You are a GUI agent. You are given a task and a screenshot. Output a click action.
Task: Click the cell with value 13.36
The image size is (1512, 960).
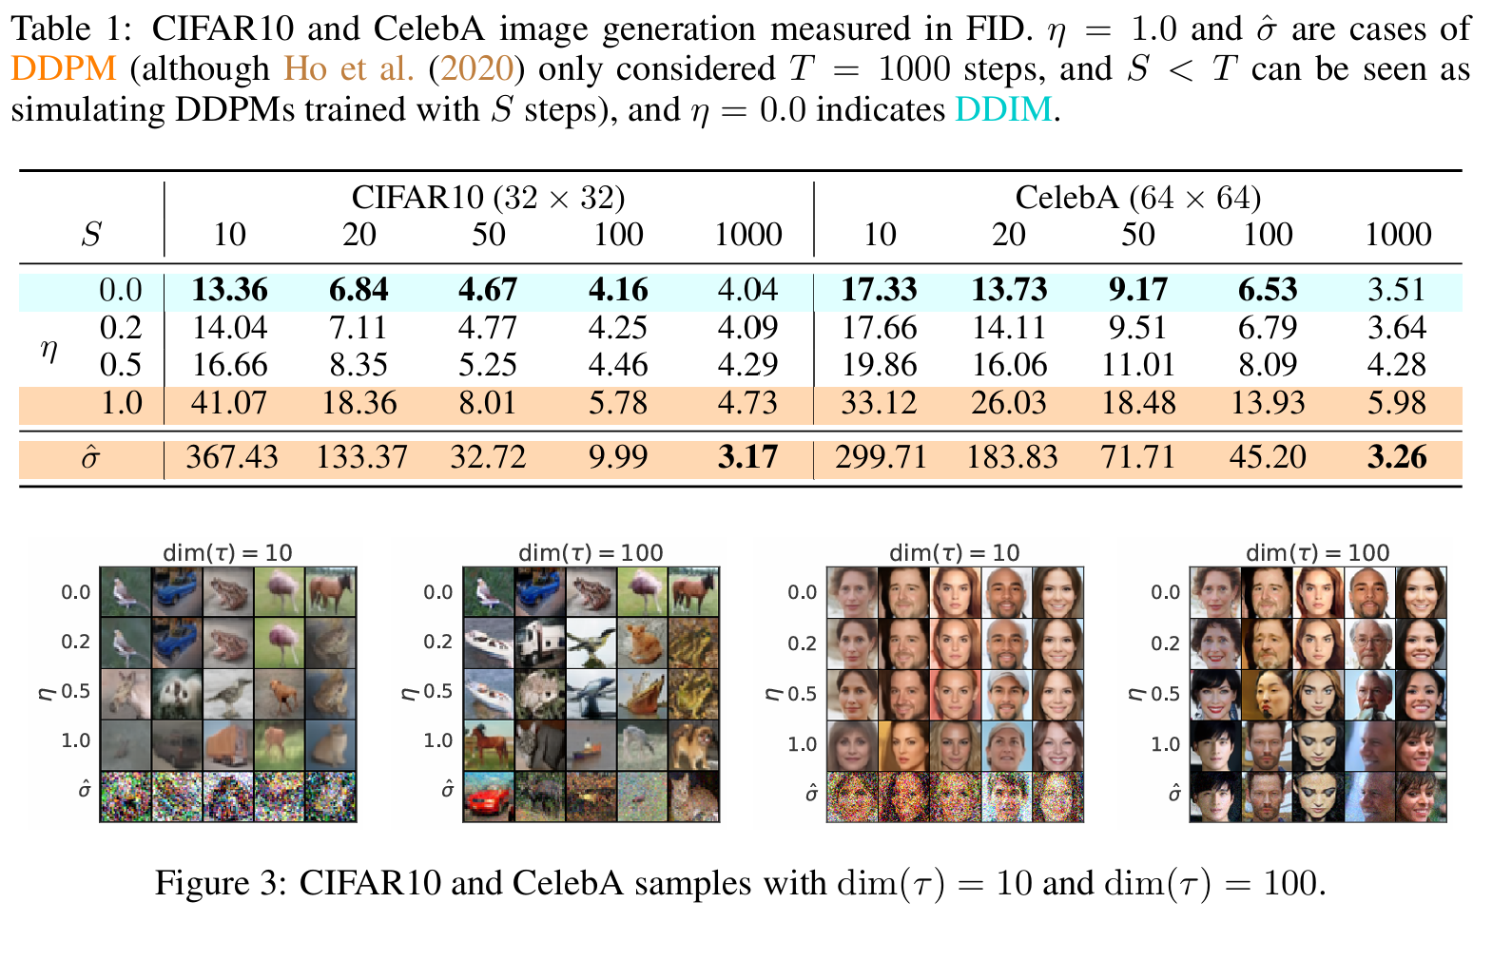pyautogui.click(x=229, y=290)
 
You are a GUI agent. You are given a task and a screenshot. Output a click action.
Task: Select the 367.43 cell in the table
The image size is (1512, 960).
pyautogui.click(x=232, y=457)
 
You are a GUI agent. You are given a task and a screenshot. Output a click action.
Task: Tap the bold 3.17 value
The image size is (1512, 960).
pyautogui.click(x=747, y=457)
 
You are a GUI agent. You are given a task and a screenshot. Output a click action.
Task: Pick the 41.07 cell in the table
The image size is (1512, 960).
pyautogui.click(x=229, y=403)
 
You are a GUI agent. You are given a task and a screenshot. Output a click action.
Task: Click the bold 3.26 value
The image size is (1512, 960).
pyautogui.click(x=1397, y=457)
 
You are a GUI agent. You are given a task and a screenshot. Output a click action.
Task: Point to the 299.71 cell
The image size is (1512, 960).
pyautogui.click(x=881, y=457)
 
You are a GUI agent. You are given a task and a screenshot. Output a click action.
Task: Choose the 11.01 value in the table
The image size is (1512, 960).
pyautogui.click(x=1138, y=365)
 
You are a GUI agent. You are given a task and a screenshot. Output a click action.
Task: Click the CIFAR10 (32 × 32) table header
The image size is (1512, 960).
pyautogui.click(x=488, y=198)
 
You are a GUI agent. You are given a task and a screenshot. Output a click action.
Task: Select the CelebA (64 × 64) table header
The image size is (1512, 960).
pyautogui.click(x=1137, y=198)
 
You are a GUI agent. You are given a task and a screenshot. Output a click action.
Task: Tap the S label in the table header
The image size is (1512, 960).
pyautogui.click(x=91, y=235)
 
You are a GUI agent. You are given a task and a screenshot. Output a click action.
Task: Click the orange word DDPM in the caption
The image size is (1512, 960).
pyautogui.click(x=64, y=69)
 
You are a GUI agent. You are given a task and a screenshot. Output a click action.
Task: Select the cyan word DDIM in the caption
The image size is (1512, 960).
pyautogui.click(x=1003, y=110)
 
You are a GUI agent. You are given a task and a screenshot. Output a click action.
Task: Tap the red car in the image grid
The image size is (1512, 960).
pyautogui.click(x=487, y=798)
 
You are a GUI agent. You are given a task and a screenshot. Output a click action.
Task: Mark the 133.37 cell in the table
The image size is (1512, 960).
pyautogui.click(x=361, y=457)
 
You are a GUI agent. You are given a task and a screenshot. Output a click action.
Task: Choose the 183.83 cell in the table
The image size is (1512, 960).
pyautogui.click(x=1012, y=457)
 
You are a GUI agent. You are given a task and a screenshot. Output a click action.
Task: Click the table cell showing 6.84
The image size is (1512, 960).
pyautogui.click(x=359, y=290)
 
